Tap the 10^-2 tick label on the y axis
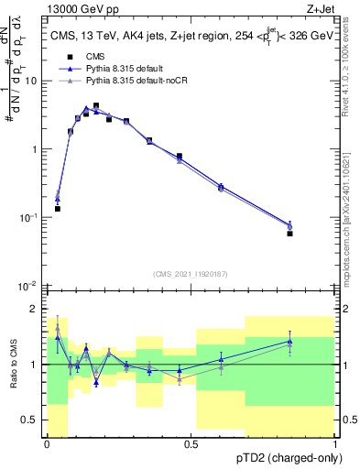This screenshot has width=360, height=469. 29,286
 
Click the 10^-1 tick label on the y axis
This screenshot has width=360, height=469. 29,217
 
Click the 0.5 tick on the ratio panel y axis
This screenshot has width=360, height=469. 31,420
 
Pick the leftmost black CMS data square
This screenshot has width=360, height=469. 58,209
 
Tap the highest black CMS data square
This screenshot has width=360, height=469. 96,106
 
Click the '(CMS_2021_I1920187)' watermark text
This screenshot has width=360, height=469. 191,274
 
